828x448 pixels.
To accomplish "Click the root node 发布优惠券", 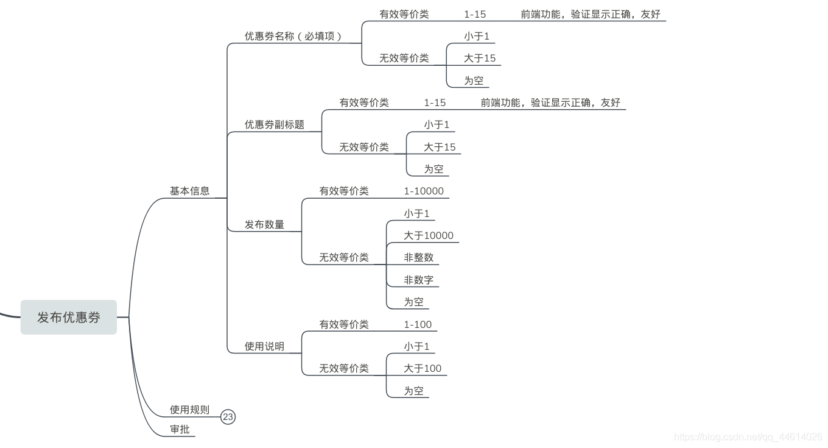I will [x=68, y=317].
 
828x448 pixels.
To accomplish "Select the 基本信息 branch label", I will [x=189, y=191].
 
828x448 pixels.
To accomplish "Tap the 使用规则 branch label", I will [x=189, y=410].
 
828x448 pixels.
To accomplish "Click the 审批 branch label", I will [x=180, y=429].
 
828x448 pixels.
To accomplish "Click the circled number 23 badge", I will [x=228, y=417].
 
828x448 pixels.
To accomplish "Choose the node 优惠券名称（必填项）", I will [x=293, y=36].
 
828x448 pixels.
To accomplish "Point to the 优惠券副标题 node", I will [x=274, y=124].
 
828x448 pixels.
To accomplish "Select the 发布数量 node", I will [x=264, y=224].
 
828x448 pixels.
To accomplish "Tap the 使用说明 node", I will [x=264, y=346].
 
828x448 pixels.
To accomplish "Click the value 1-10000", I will [x=424, y=191].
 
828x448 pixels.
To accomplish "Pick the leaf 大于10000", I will [x=429, y=235].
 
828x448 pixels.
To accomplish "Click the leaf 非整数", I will [x=419, y=257].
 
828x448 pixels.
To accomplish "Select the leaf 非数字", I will [x=419, y=280].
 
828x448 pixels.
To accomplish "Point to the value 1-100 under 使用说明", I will [x=418, y=324].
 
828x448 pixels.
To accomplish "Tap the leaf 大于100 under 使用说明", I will [x=423, y=368].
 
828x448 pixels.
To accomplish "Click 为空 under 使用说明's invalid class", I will [x=413, y=391].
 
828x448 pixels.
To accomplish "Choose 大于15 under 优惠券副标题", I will [x=440, y=147].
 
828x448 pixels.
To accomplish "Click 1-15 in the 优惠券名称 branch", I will [x=475, y=14].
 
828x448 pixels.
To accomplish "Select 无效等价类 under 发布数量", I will [x=344, y=257].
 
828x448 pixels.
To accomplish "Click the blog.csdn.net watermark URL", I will [x=748, y=436].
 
